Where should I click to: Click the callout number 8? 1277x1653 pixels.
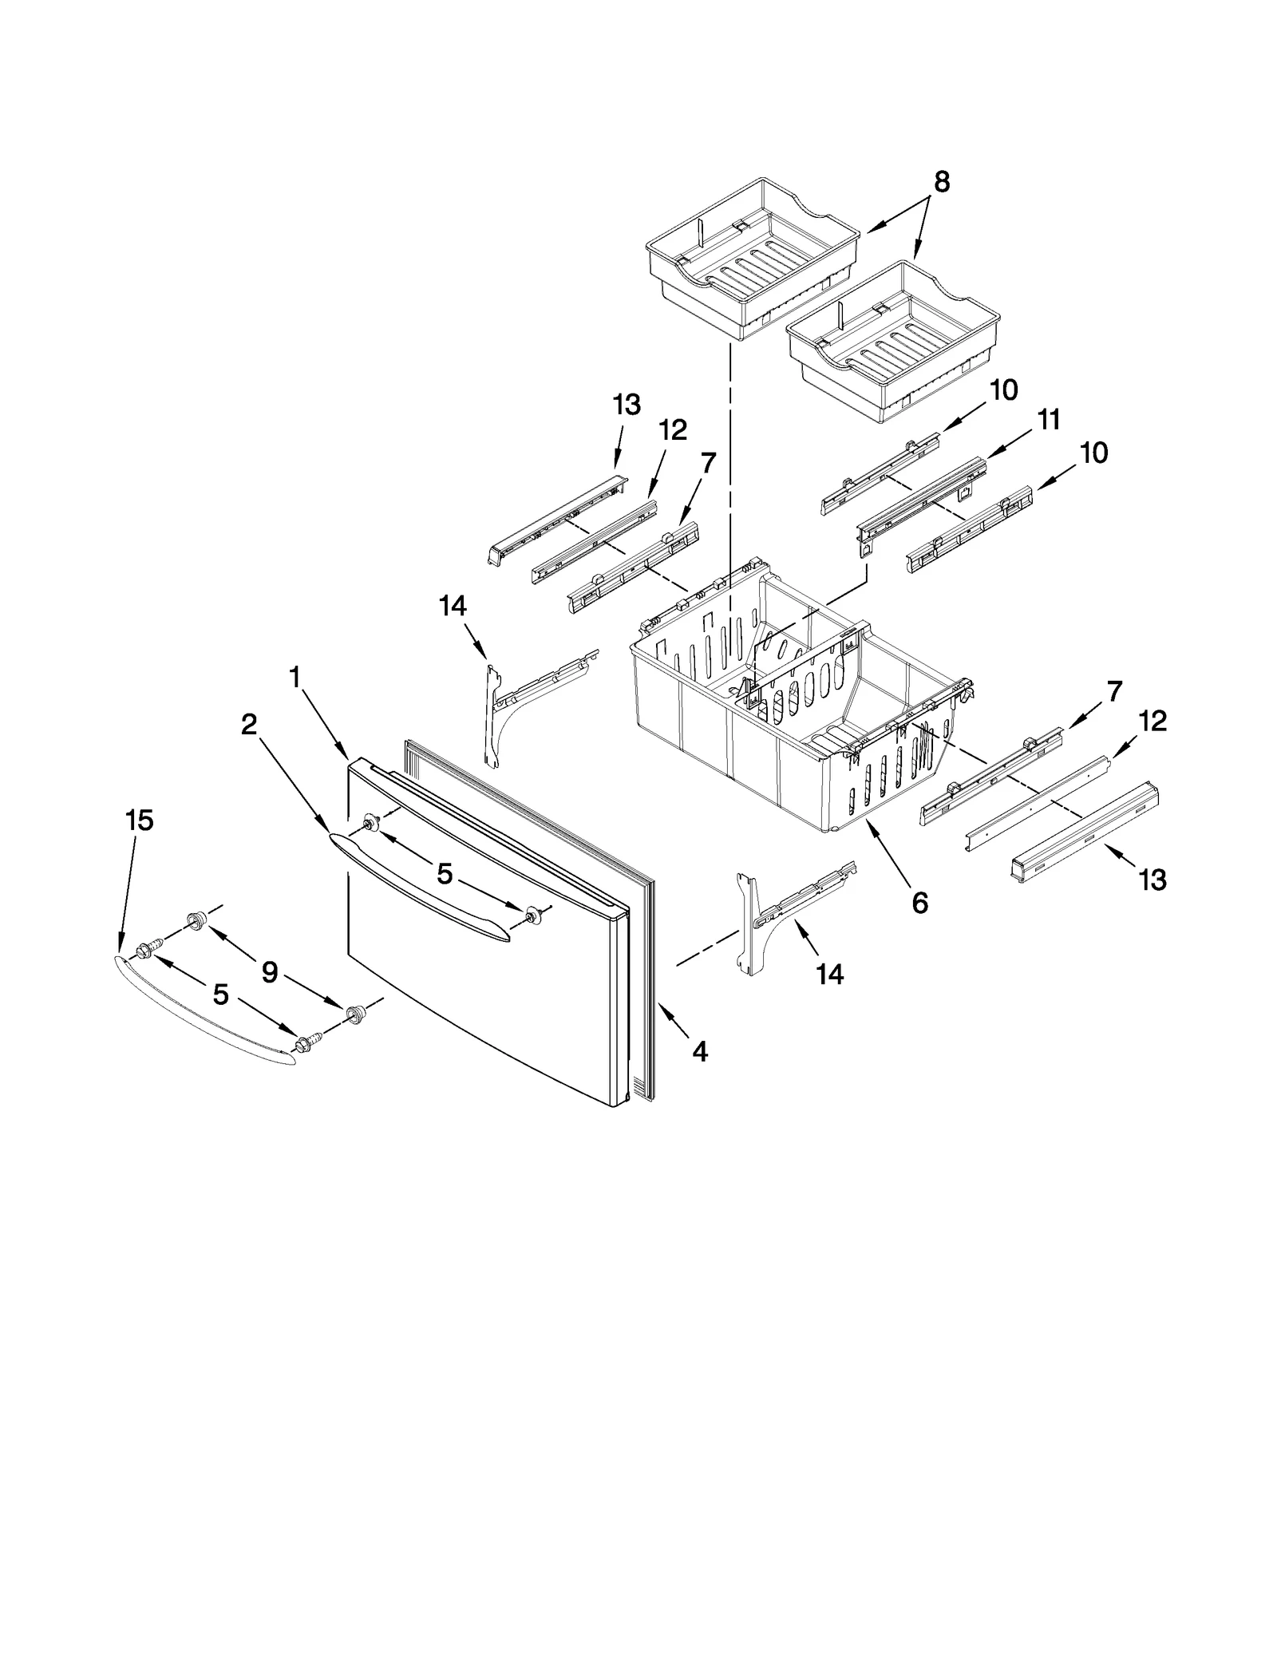click(941, 183)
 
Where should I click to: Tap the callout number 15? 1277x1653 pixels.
click(140, 821)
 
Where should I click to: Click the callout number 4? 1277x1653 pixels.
click(699, 1052)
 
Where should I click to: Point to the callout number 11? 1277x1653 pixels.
click(1049, 419)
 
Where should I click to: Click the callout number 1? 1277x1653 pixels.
click(295, 678)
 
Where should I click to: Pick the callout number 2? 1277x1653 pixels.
click(249, 725)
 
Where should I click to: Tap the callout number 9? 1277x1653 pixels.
click(270, 972)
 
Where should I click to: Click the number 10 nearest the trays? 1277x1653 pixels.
click(1003, 390)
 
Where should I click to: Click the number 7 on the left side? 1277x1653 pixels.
click(708, 462)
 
